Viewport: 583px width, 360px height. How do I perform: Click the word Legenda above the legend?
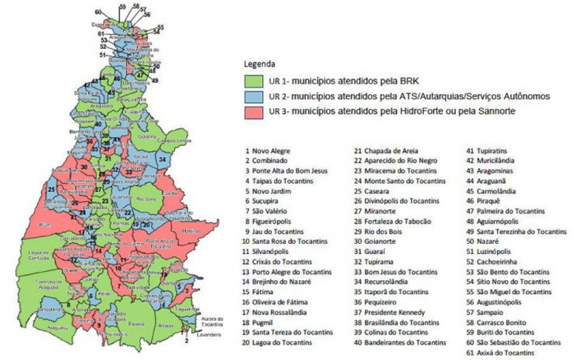pyautogui.click(x=260, y=63)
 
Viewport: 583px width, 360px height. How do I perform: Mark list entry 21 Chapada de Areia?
pyautogui.click(x=386, y=151)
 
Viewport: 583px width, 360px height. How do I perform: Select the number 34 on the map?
pyautogui.click(x=163, y=159)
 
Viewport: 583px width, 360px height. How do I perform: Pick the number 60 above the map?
pyautogui.click(x=98, y=12)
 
